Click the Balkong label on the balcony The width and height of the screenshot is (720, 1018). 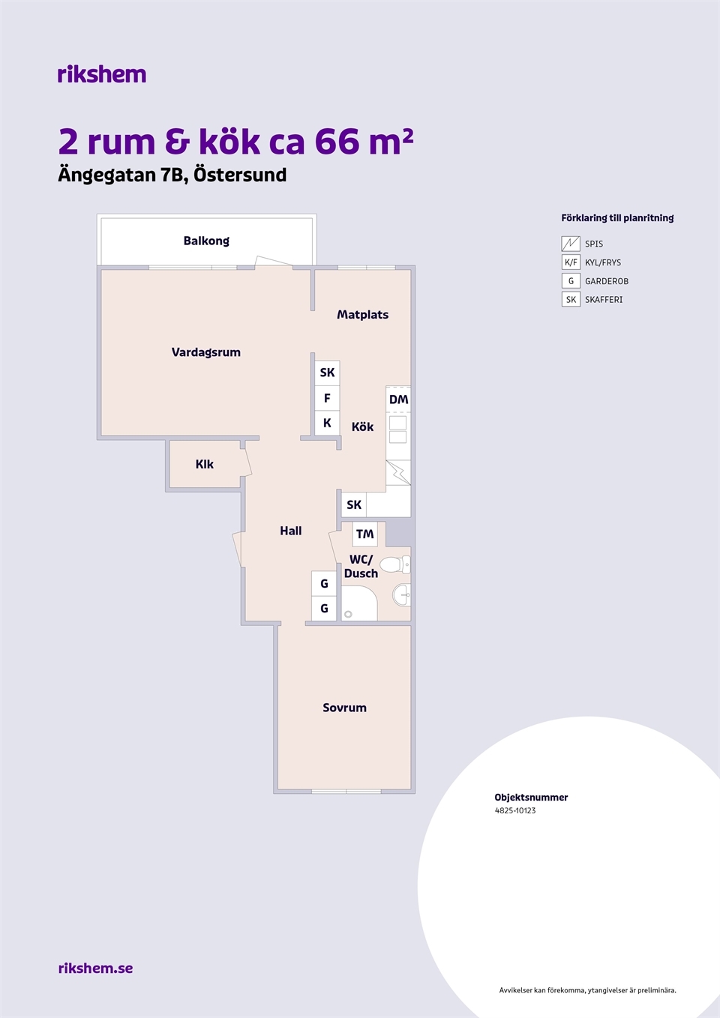(x=206, y=241)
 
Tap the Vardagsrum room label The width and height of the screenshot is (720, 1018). (x=206, y=352)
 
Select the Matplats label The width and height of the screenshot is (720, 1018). (x=363, y=315)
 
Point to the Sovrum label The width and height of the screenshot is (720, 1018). (x=344, y=708)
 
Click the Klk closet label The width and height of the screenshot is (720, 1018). (x=205, y=464)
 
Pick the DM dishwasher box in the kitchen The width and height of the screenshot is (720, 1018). (x=398, y=400)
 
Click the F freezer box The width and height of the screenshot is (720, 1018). (x=327, y=399)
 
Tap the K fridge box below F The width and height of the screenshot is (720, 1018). (x=327, y=423)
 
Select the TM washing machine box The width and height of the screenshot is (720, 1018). (x=365, y=534)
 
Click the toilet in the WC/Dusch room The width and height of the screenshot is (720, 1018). (x=395, y=565)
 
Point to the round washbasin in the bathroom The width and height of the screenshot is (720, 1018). (x=402, y=595)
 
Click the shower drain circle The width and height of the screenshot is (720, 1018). (x=348, y=615)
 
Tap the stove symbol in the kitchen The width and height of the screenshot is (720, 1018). (x=398, y=472)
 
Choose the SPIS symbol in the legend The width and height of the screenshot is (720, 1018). (x=571, y=244)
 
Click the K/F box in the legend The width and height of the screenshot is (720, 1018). (x=571, y=262)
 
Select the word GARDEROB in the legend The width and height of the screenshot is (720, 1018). (x=607, y=281)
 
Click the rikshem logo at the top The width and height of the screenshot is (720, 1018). (x=102, y=74)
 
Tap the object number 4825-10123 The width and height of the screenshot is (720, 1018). (x=515, y=810)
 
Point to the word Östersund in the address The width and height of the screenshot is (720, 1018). (x=240, y=175)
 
